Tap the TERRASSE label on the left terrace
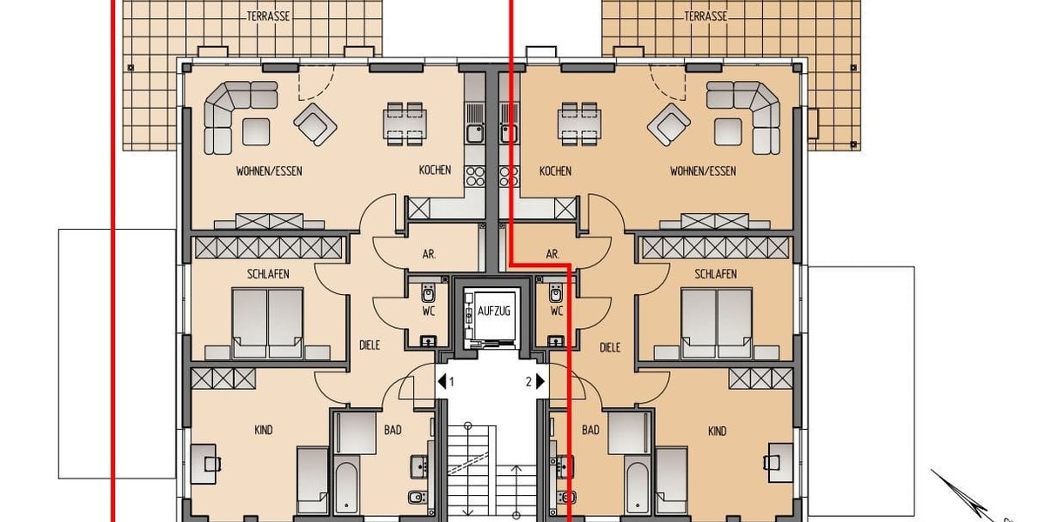(268, 16)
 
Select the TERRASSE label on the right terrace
(705, 16)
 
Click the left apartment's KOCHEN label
(434, 171)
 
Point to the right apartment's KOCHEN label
(555, 171)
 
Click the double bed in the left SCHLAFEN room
(268, 323)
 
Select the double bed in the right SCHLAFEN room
(716, 323)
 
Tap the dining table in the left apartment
(406, 123)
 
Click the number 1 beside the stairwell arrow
(452, 381)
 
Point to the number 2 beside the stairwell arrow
(528, 381)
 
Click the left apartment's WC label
(428, 311)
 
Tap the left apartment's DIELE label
(370, 347)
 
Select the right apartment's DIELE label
(610, 347)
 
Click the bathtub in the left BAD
(345, 488)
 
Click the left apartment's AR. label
(429, 254)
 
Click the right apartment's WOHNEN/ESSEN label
(702, 171)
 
